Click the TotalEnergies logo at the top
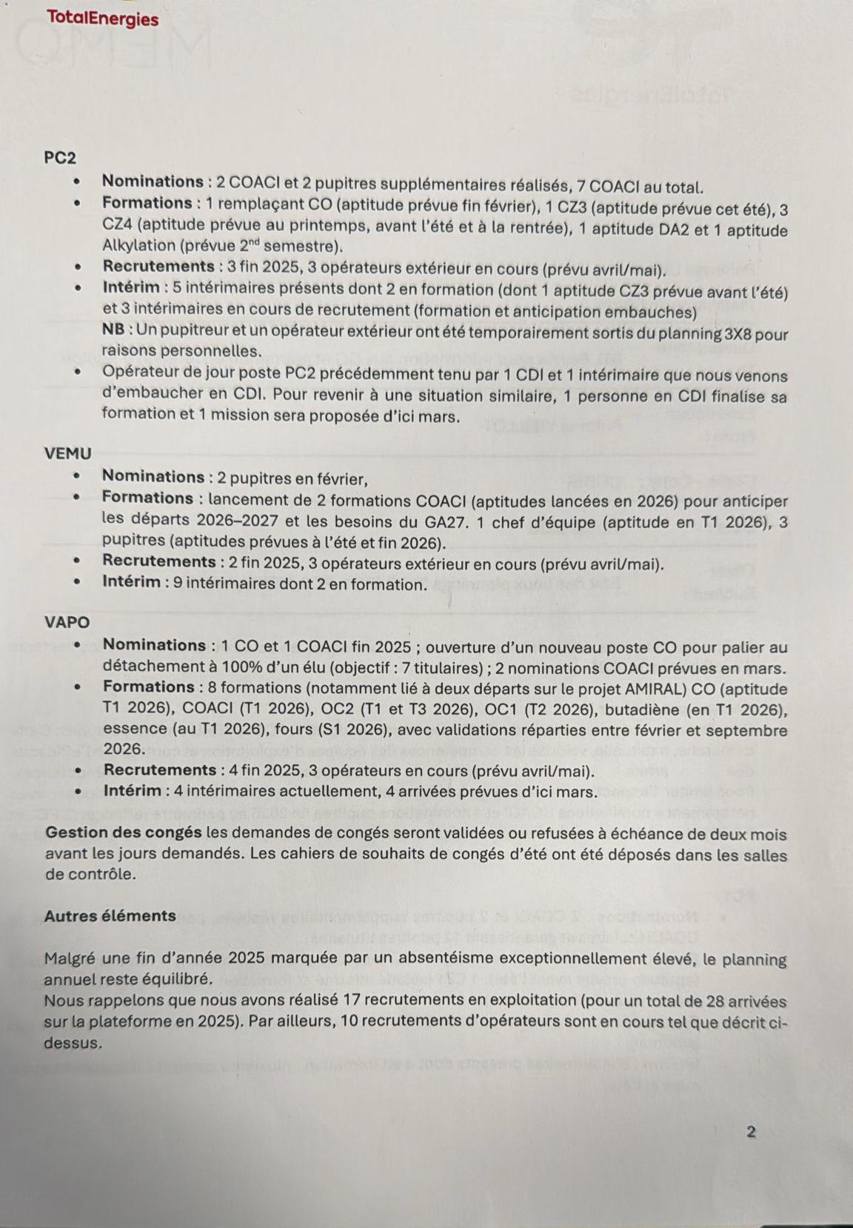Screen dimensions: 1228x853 [x=102, y=19]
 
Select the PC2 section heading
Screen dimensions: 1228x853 [x=60, y=158]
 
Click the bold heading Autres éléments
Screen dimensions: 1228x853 [x=110, y=916]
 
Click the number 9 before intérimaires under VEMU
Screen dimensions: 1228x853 [x=178, y=583]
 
